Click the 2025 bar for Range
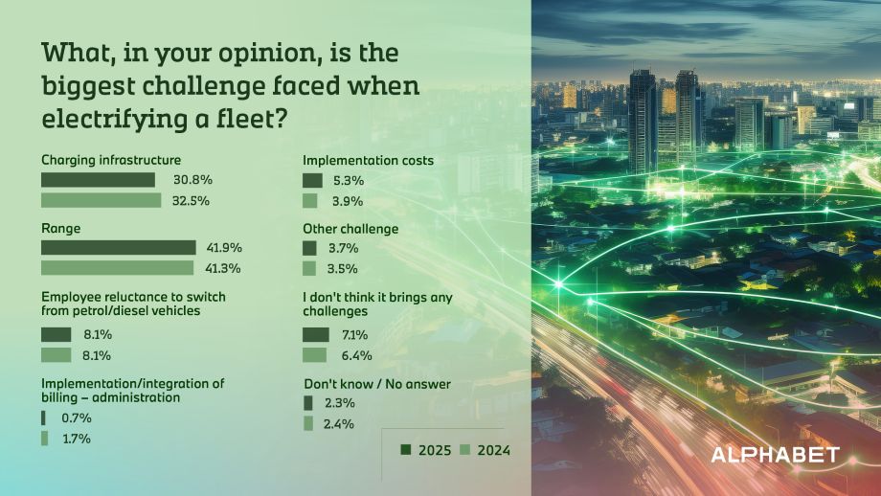click(x=118, y=247)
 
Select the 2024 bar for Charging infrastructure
click(x=101, y=200)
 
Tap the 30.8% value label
click(x=192, y=180)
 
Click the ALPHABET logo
click(x=775, y=454)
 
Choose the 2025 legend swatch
click(x=406, y=450)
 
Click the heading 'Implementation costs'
click(x=368, y=161)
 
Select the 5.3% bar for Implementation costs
click(x=312, y=180)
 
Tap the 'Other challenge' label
click(x=350, y=229)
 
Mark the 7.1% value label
click(x=354, y=334)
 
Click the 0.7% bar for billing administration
click(x=43, y=417)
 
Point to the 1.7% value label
click(x=76, y=439)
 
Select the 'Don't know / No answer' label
click(x=376, y=384)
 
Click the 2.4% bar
click(x=308, y=423)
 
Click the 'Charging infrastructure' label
click(x=111, y=160)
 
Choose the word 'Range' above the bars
click(x=59, y=229)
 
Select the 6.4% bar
click(x=314, y=355)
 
